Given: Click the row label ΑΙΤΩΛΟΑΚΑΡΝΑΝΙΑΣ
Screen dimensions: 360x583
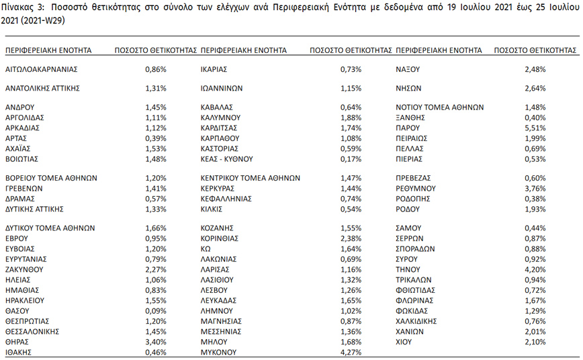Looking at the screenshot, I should point(42,69).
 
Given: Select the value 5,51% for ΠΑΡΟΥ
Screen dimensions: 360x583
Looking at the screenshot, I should point(535,127).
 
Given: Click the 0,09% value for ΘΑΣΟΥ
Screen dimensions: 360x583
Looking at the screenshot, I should point(156,311).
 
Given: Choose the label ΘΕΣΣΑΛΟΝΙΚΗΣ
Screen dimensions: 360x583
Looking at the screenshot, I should point(33,331).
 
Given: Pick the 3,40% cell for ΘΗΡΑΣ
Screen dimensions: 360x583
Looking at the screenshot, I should point(156,341).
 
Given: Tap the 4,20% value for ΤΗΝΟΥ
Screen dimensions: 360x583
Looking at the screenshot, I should point(535,269).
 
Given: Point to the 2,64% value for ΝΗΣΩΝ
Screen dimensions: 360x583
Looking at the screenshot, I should point(535,88).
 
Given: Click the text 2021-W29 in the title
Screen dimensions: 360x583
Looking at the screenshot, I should point(46,20).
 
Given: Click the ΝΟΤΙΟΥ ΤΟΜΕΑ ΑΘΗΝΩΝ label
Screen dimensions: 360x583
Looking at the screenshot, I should point(440,107).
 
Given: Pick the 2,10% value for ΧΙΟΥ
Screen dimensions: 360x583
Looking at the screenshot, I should point(535,341).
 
